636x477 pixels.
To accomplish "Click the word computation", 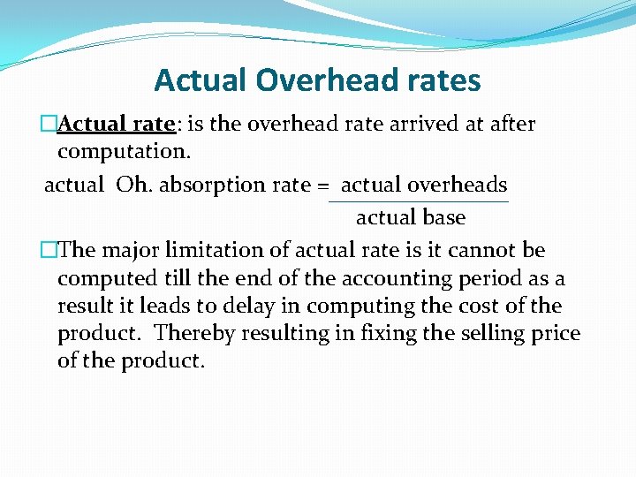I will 123,152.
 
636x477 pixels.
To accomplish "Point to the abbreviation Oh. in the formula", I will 136,185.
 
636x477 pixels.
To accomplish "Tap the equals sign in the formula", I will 323,185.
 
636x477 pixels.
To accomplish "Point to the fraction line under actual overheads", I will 418,202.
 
